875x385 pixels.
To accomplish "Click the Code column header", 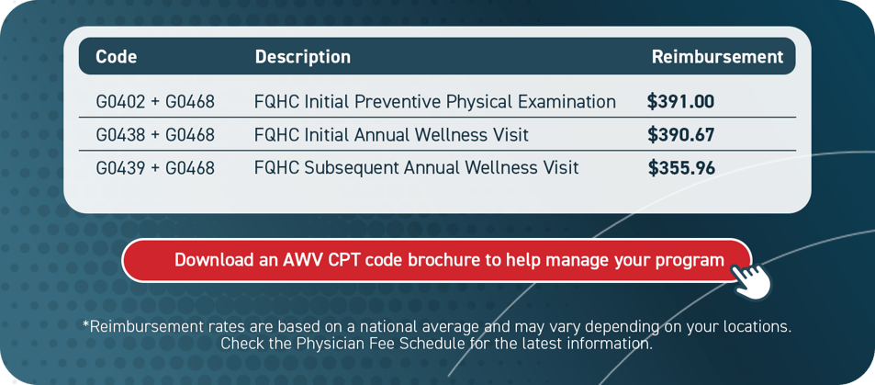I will tap(116, 57).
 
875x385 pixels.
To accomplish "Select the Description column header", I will tap(302, 57).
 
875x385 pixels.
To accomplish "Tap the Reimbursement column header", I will tap(717, 57).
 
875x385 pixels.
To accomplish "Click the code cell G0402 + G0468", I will tap(154, 102).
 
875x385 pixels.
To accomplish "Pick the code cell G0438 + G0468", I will tap(154, 135).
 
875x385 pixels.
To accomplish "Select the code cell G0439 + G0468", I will tap(154, 168).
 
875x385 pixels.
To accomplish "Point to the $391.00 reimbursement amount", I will tap(680, 102).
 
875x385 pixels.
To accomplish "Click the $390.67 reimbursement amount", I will tap(680, 135).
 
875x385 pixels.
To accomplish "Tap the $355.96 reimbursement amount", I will tap(681, 168).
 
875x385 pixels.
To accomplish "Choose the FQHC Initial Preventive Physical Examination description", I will tap(434, 102).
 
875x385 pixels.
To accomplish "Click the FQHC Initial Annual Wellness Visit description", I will tap(391, 135).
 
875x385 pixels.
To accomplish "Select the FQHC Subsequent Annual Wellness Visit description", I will tap(416, 168).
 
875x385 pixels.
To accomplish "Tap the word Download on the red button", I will tap(214, 260).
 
